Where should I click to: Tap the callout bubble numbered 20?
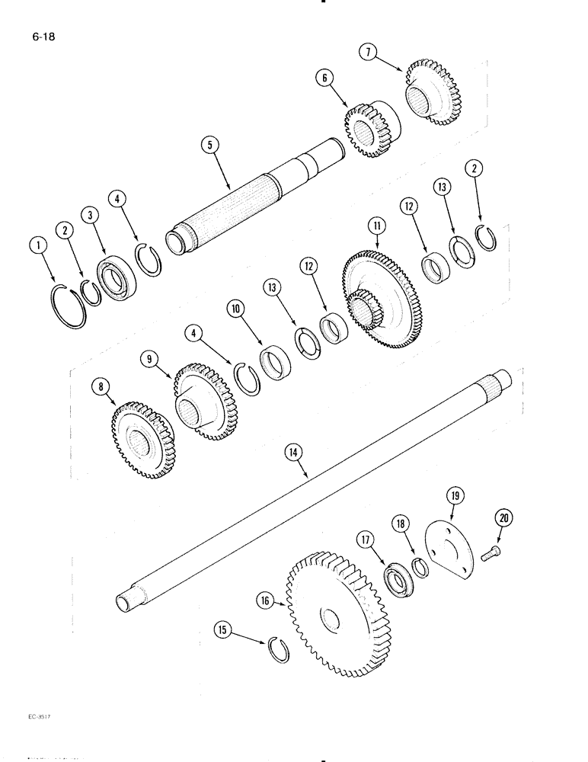tap(503, 518)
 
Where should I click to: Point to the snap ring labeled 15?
tap(279, 652)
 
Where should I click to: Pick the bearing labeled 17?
tap(395, 581)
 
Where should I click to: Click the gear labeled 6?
tap(367, 130)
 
